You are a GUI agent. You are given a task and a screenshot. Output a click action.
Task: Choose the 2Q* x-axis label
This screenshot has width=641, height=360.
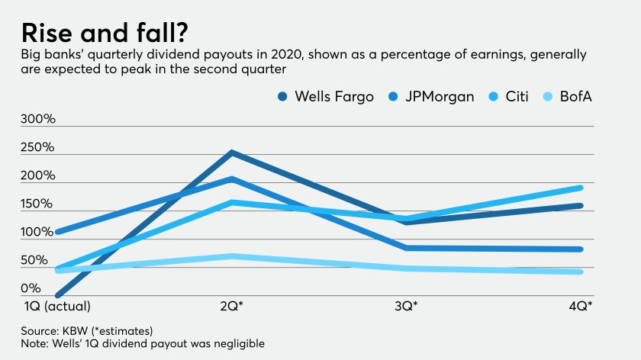(x=230, y=307)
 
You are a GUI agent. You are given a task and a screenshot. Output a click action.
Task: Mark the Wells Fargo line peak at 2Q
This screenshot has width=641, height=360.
(x=231, y=153)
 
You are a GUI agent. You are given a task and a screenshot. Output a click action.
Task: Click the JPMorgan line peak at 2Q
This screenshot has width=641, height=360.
(x=231, y=178)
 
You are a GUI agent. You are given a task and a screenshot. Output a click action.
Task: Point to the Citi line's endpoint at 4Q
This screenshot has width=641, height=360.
(x=581, y=188)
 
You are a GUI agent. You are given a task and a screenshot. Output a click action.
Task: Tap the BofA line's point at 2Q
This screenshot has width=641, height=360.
(x=231, y=256)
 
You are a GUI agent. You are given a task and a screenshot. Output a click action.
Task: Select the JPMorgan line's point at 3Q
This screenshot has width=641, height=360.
(x=405, y=248)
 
